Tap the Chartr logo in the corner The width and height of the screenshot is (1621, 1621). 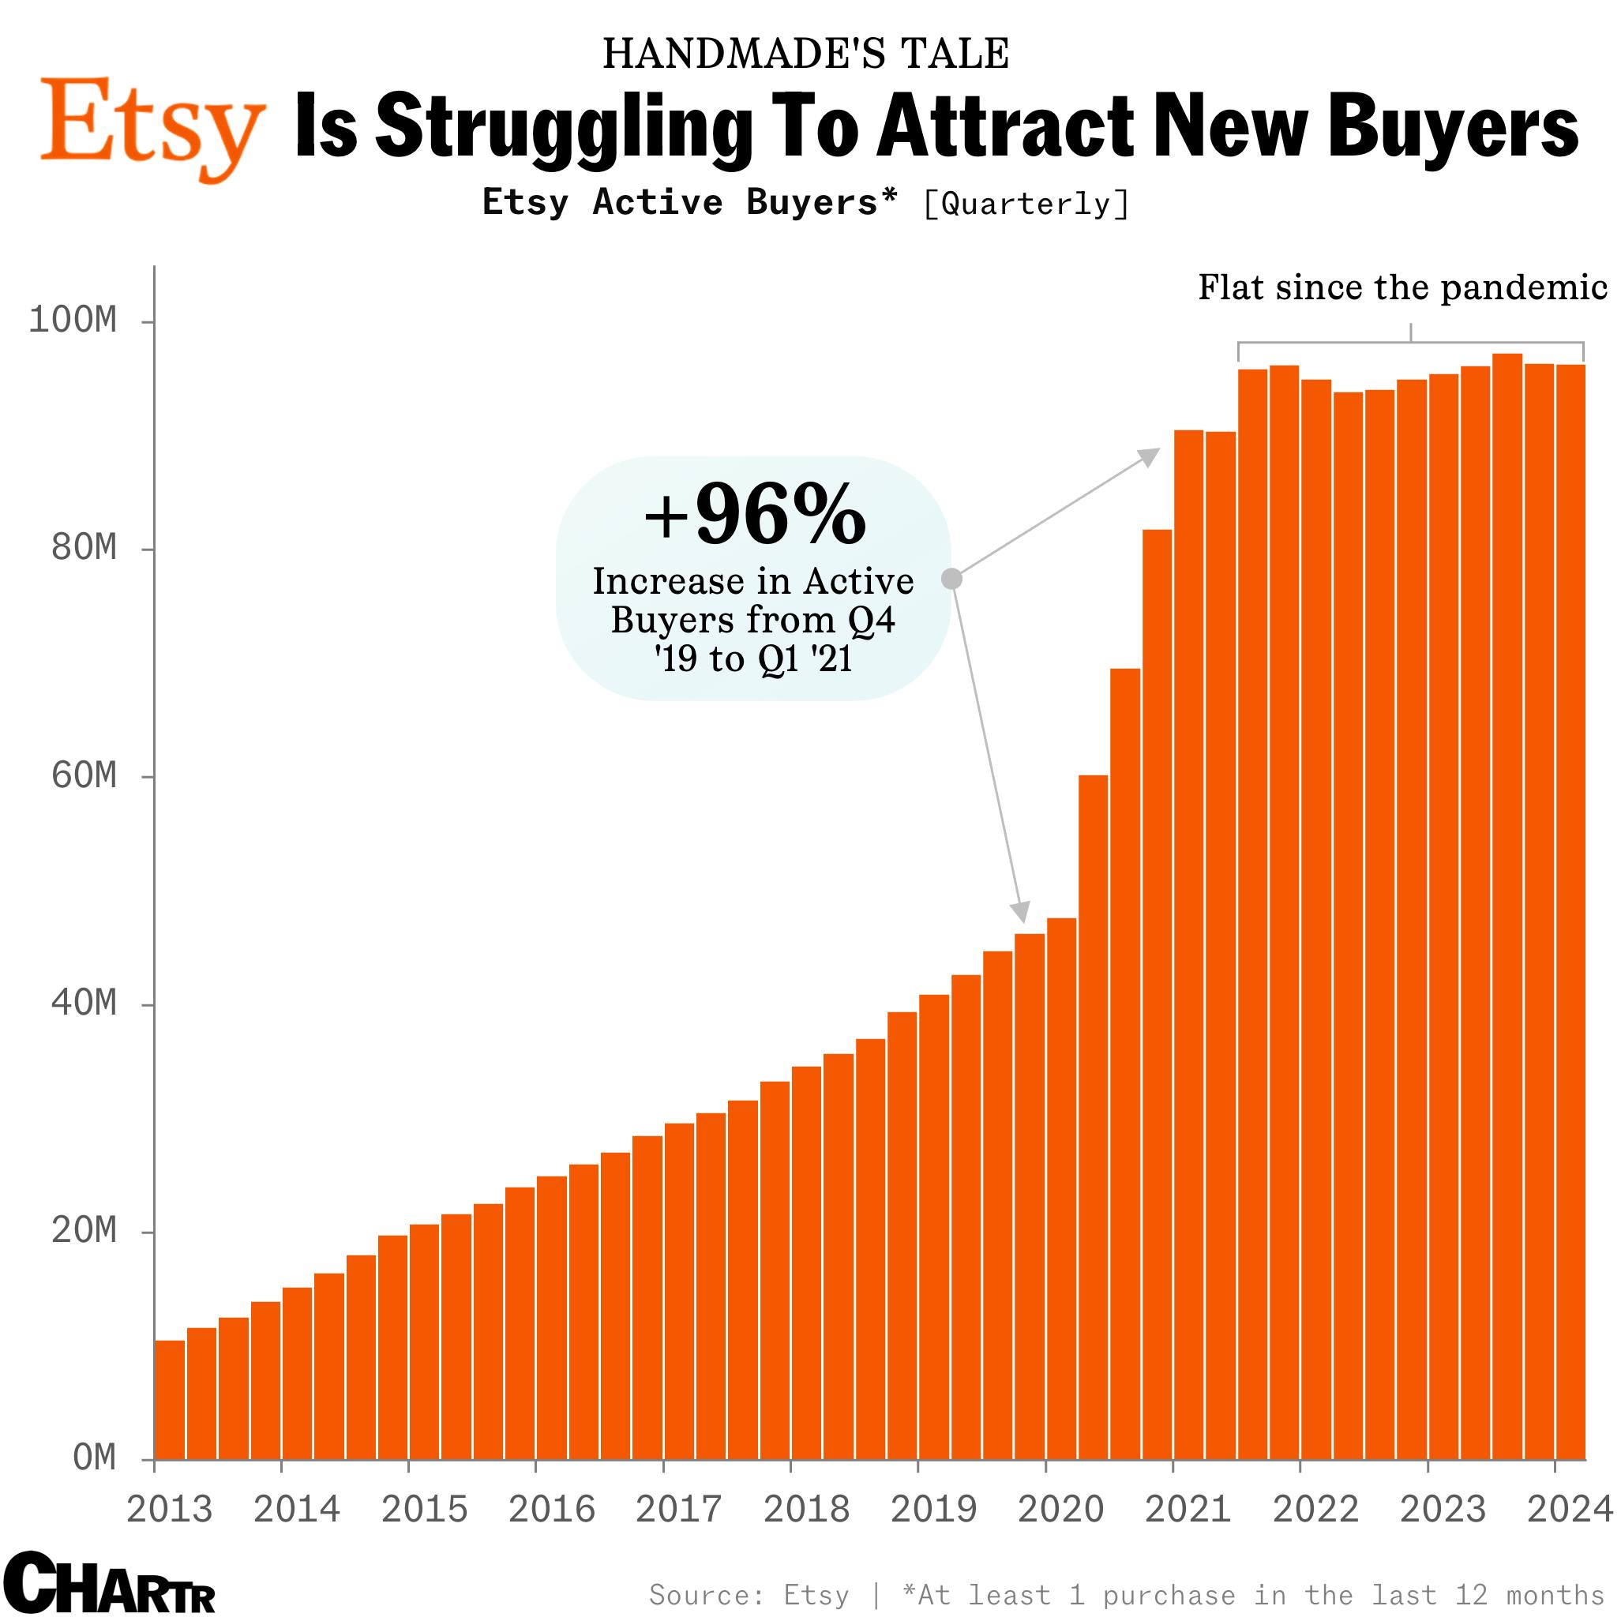click(107, 1582)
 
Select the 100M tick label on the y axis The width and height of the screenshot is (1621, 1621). click(72, 321)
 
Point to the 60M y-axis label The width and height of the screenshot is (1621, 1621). click(83, 776)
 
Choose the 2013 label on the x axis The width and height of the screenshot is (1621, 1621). click(169, 1510)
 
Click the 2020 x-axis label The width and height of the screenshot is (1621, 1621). click(1060, 1510)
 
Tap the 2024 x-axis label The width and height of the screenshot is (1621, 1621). click(1570, 1510)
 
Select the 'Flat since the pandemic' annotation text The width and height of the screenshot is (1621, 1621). click(1402, 287)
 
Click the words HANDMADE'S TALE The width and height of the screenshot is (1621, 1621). click(805, 54)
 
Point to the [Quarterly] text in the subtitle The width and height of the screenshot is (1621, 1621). click(1026, 204)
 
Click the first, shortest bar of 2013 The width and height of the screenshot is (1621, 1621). click(171, 1401)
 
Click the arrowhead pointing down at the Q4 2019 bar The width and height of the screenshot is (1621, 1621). click(1020, 913)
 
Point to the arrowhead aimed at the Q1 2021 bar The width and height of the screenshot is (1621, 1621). click(1149, 456)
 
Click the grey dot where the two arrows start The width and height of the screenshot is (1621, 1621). click(951, 579)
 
